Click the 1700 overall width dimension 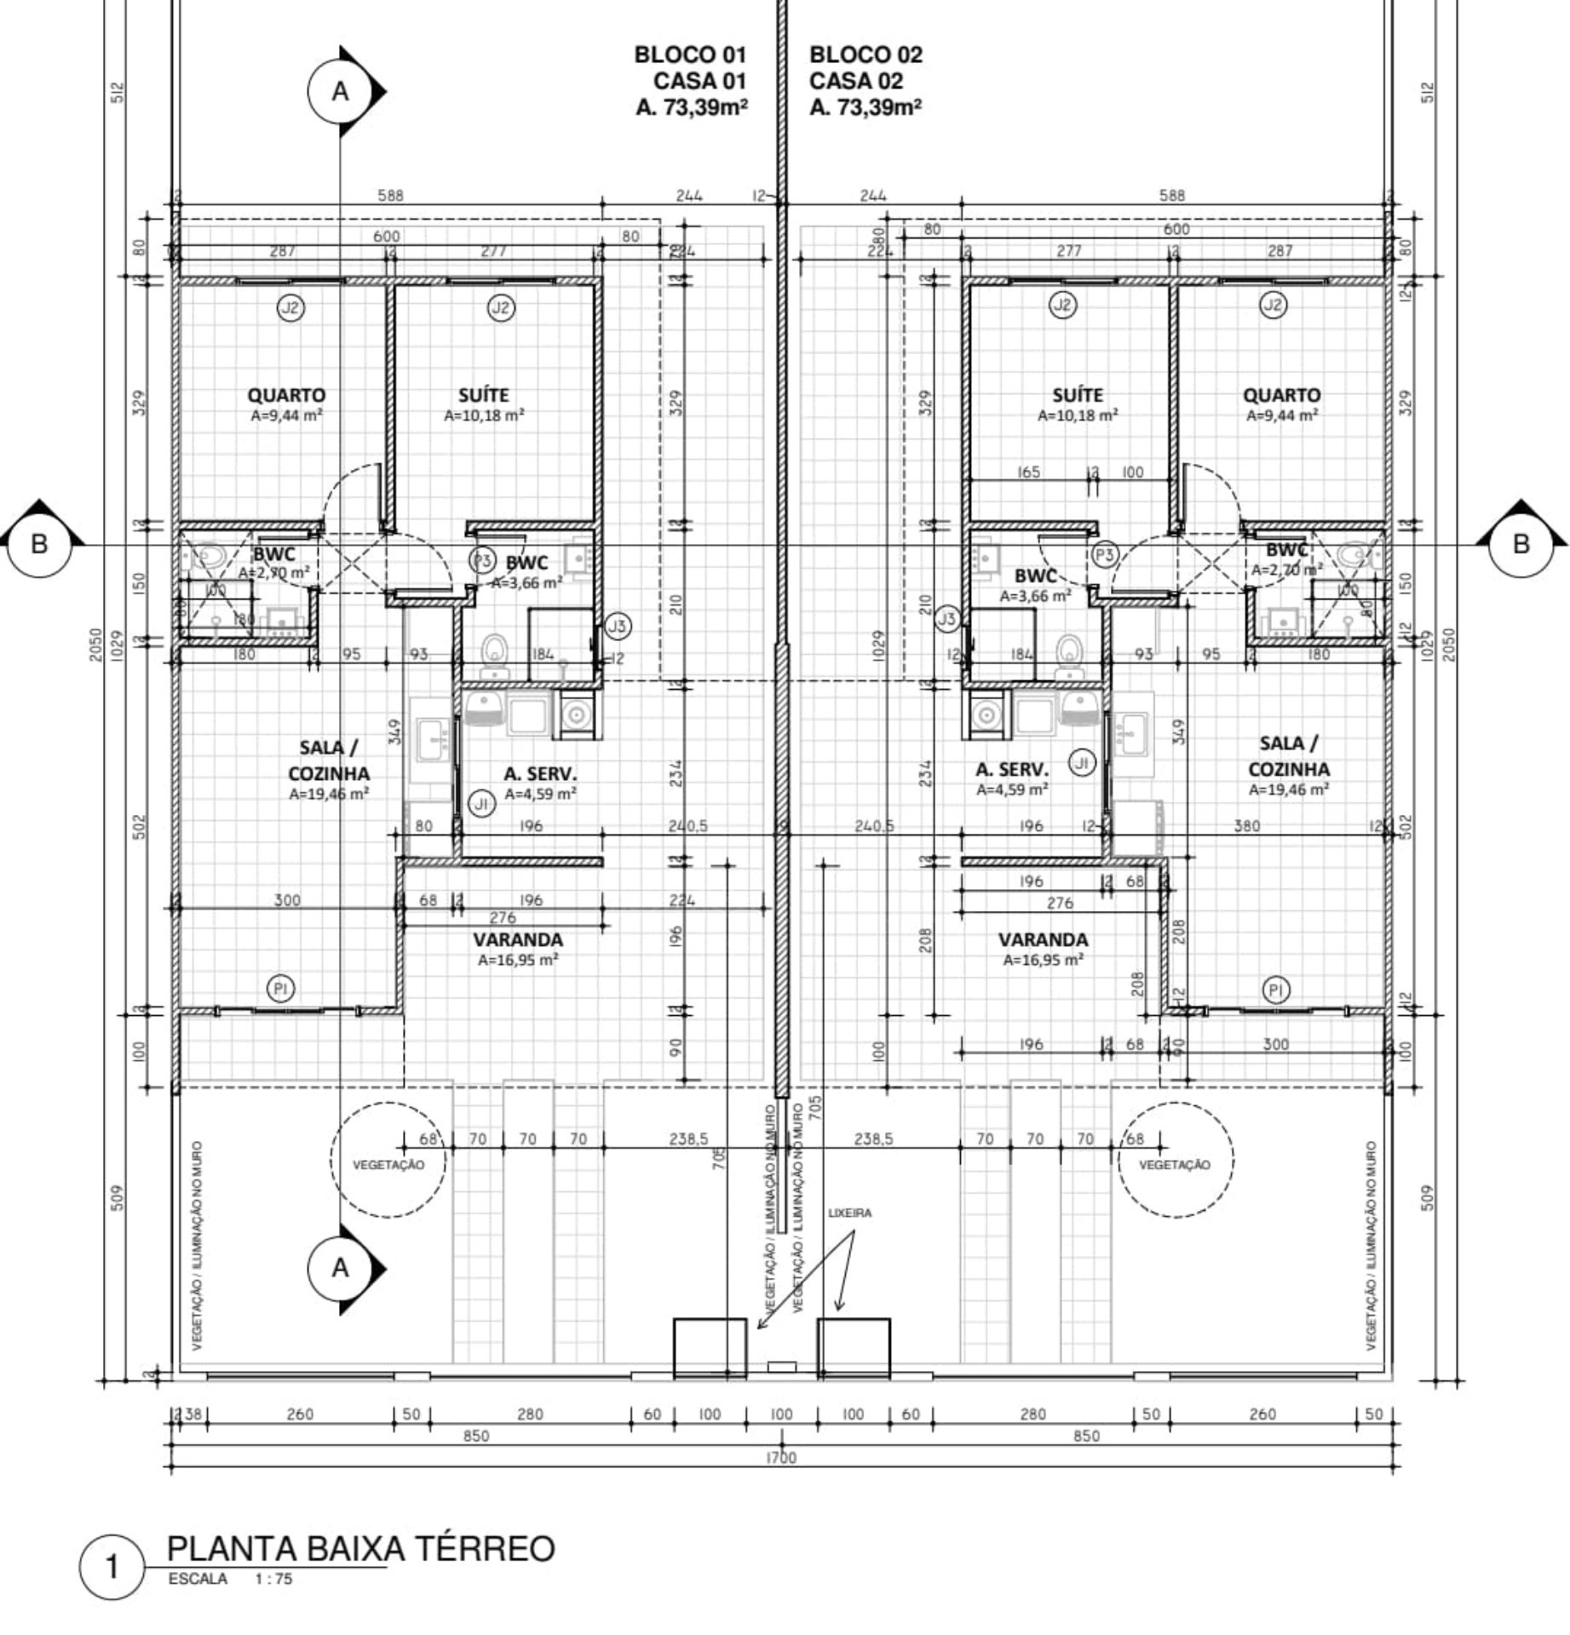pos(780,1458)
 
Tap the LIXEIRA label pos(849,1213)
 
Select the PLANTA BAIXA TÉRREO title pos(359,1548)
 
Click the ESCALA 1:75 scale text pos(230,1579)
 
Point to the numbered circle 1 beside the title pos(112,1567)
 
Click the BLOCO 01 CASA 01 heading pos(691,80)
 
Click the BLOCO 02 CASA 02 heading pos(865,80)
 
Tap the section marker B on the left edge pos(39,544)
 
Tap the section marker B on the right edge pos(1521,544)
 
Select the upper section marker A pos(340,91)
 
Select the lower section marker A pos(340,1268)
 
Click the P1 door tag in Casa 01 pos(280,989)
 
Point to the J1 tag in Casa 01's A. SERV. pos(482,803)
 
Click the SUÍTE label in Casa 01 pos(483,395)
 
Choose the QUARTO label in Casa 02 pos(1281,395)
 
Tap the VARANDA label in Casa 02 pos(1043,939)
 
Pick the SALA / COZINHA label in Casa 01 pos(329,760)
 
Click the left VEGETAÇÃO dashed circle pos(388,1160)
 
